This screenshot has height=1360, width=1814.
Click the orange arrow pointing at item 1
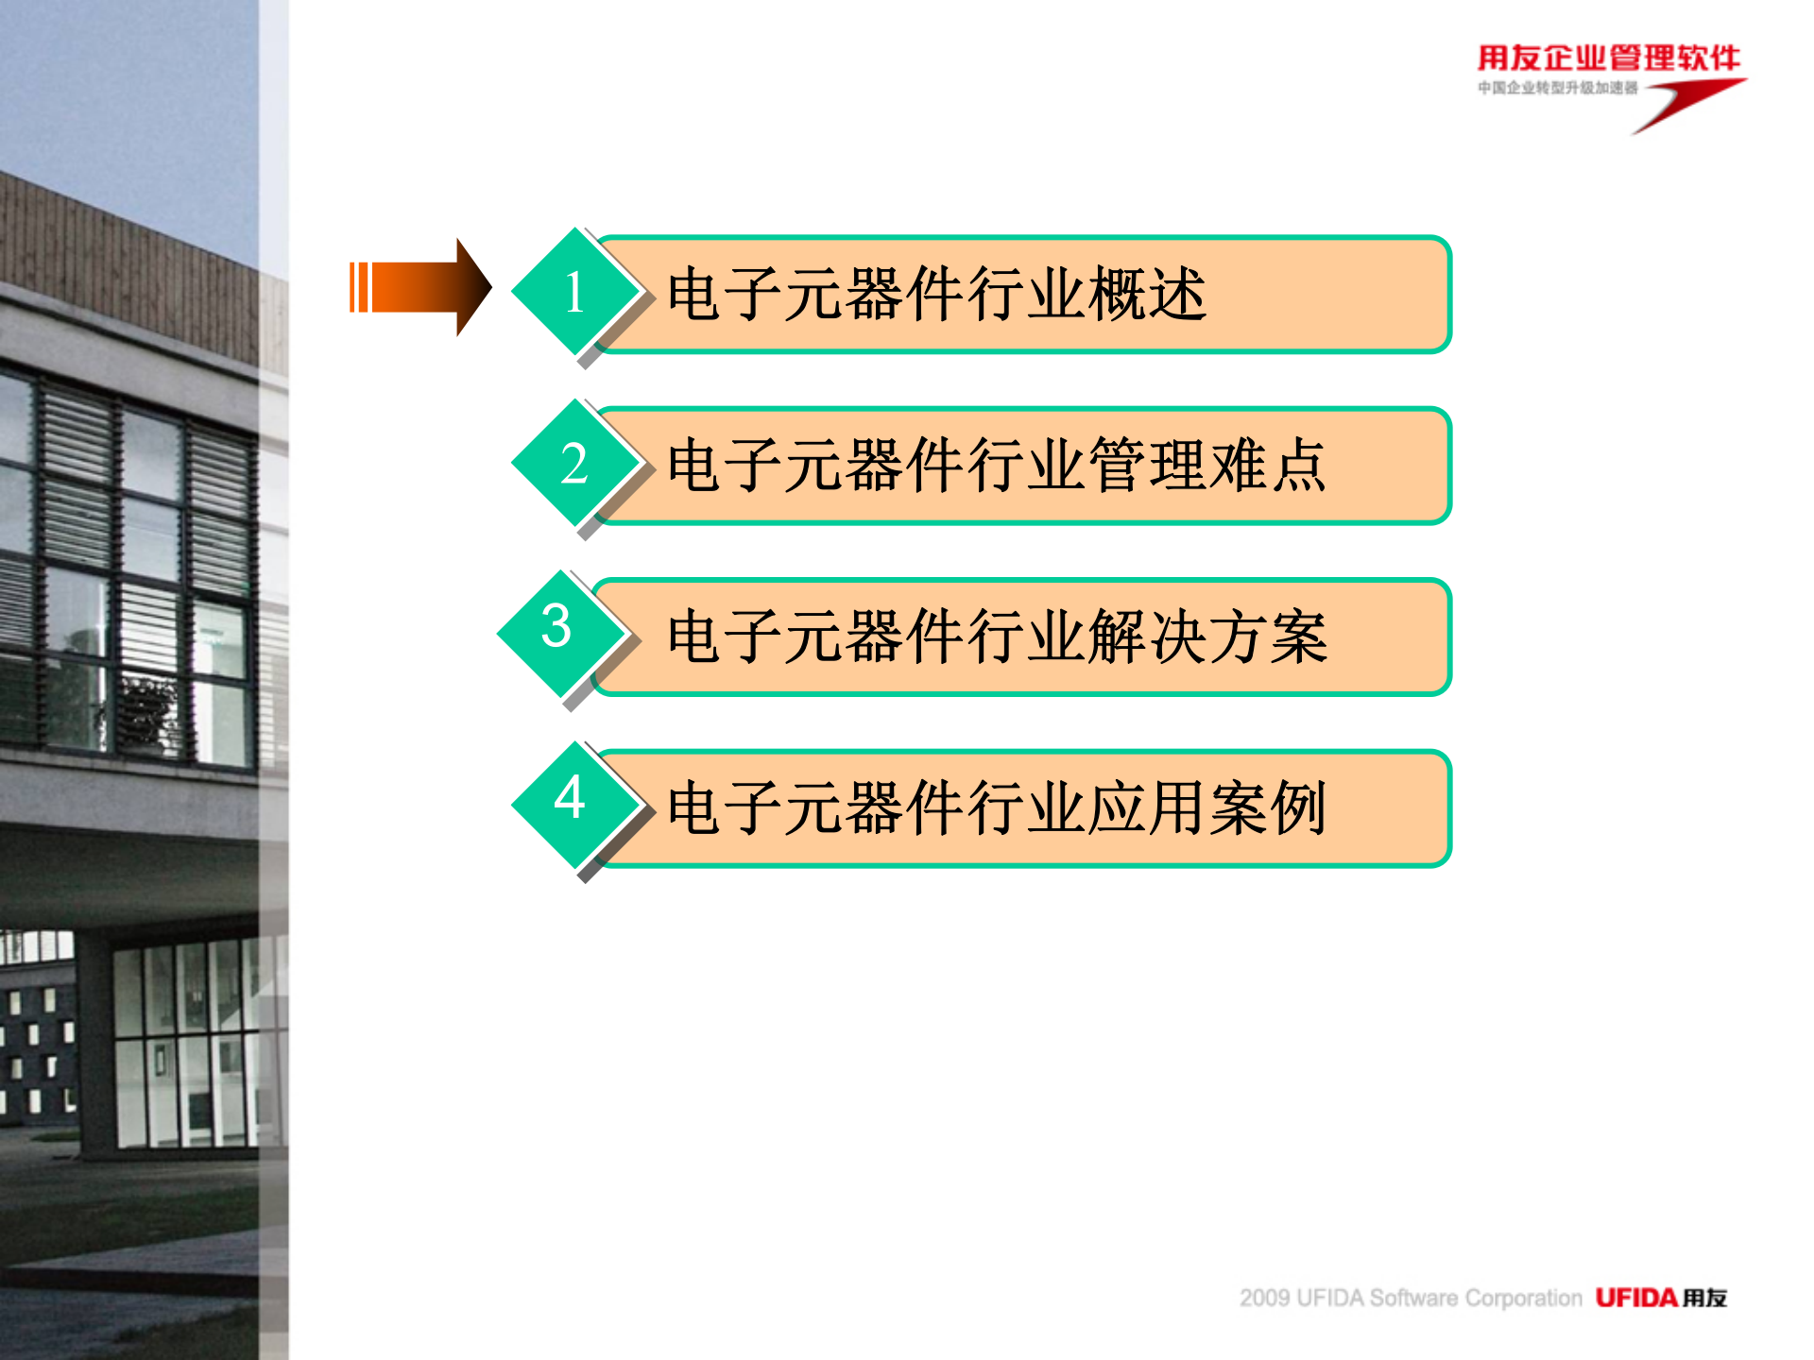420,287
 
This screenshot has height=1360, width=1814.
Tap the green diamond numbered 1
574,292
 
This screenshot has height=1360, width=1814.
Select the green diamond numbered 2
574,464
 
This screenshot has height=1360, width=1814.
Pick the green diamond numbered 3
557,627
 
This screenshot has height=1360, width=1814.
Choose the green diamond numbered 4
571,799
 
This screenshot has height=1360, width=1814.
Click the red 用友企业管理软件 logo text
1608,58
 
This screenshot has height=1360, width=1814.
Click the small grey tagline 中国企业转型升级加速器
1557,88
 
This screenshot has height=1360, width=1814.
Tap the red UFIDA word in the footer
1636,1298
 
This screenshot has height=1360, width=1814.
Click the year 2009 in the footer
1264,1298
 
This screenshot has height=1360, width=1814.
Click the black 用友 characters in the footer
1704,1298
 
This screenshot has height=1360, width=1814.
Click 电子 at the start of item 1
727,294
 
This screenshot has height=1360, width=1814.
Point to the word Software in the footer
1413,1298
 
